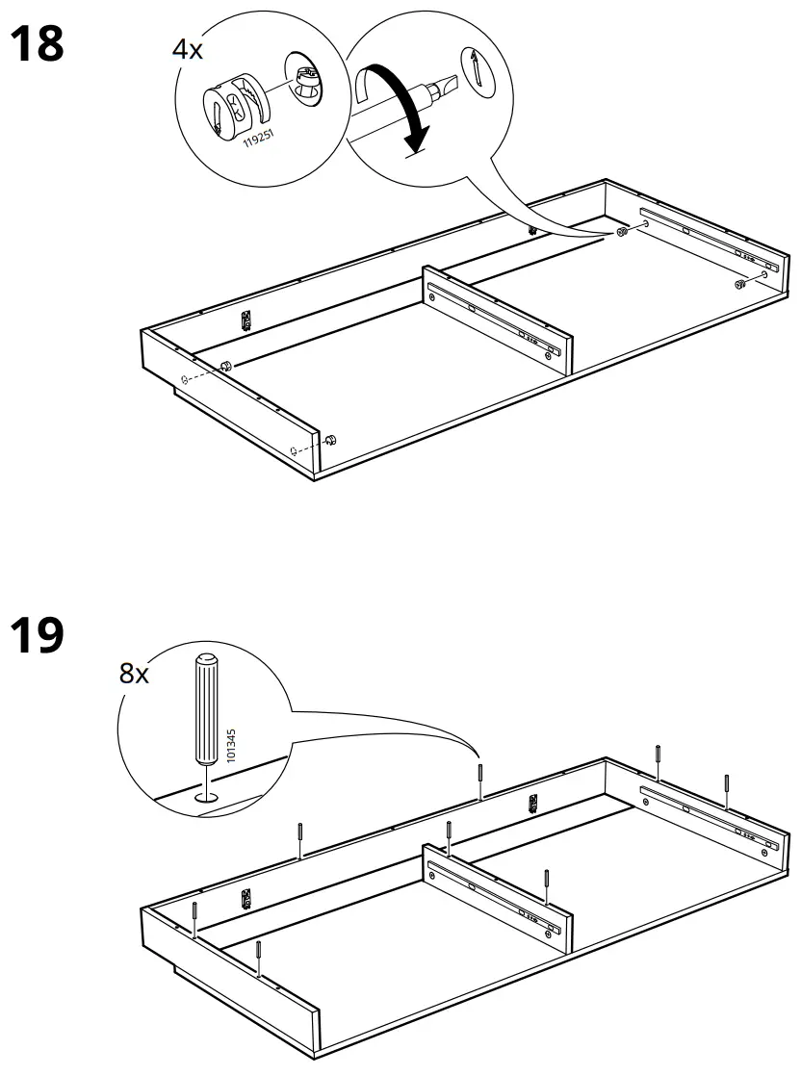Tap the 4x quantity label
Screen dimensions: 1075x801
[188, 50]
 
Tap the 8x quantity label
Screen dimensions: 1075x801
[135, 674]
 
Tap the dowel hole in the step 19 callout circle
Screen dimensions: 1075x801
[205, 797]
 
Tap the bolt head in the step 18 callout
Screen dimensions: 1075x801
[306, 76]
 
